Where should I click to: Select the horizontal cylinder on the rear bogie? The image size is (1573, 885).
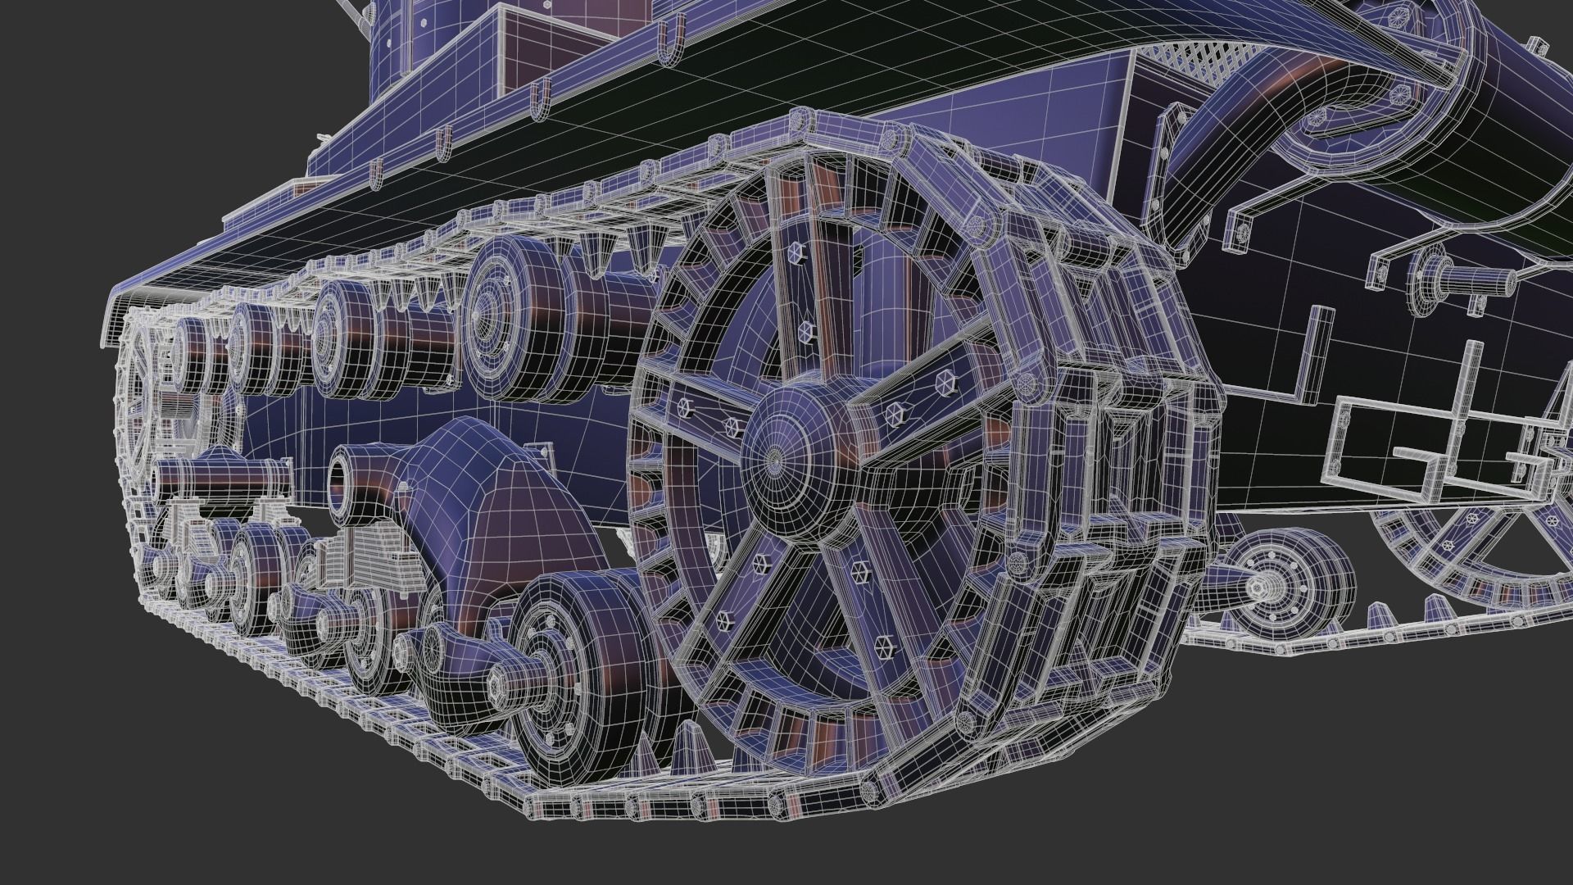click(221, 474)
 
